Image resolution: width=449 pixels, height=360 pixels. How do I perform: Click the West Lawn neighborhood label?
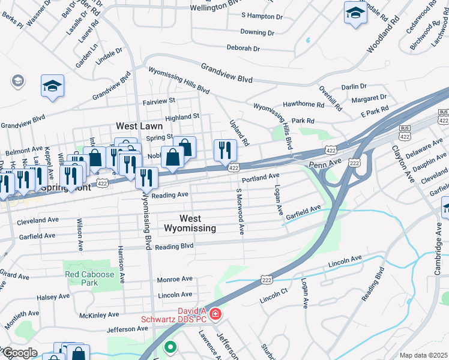pyautogui.click(x=141, y=127)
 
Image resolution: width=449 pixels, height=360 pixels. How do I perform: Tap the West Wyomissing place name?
pyautogui.click(x=189, y=223)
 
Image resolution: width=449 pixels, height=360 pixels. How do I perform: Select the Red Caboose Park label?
pyautogui.click(x=89, y=278)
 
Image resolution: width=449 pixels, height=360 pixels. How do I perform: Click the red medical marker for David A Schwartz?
pyautogui.click(x=215, y=314)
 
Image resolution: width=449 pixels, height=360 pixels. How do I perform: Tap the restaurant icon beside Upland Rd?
pyautogui.click(x=225, y=151)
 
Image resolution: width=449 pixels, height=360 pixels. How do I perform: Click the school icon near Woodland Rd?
pyautogui.click(x=355, y=13)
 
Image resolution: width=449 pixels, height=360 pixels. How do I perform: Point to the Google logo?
pyautogui.click(x=19, y=353)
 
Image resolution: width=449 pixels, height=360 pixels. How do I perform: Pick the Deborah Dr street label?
pyautogui.click(x=243, y=48)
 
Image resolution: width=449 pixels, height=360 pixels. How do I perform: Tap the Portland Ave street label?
pyautogui.click(x=261, y=178)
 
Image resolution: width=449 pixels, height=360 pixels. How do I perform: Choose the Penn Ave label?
pyautogui.click(x=321, y=164)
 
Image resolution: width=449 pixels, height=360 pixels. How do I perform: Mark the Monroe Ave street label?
pyautogui.click(x=174, y=280)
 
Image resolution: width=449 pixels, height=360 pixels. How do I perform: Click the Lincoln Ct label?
pyautogui.click(x=274, y=299)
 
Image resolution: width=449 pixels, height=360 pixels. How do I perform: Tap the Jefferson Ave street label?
pyautogui.click(x=127, y=329)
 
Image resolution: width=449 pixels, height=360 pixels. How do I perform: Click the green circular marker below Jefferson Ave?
pyautogui.click(x=170, y=346)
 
